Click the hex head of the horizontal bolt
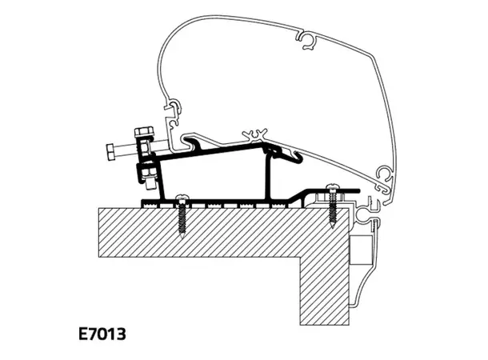coord(110,149)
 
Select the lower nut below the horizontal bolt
coord(148,170)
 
